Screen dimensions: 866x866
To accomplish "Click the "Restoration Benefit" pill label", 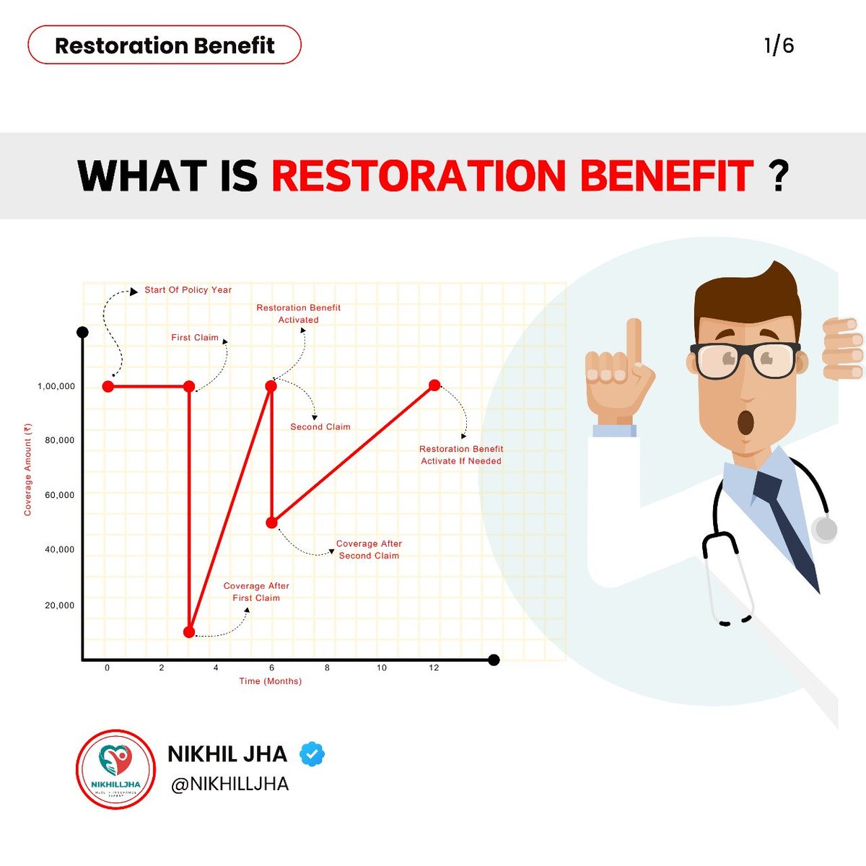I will pos(165,45).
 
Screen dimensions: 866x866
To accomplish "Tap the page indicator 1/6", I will pos(779,45).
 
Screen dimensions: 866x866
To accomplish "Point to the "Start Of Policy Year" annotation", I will pos(188,290).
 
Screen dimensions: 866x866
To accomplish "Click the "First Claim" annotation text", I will pos(194,337).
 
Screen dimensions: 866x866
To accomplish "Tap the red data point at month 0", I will pos(108,386).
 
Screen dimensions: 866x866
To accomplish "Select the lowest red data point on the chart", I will pos(189,632).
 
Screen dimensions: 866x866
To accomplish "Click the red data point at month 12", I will pos(434,385).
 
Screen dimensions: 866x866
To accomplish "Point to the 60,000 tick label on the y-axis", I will pos(60,495).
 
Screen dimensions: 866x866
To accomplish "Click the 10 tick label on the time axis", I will pos(382,668).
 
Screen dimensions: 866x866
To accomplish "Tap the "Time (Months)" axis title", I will pos(271,681).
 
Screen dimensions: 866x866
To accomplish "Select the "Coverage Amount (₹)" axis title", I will pos(28,469).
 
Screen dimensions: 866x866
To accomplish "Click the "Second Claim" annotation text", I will pos(320,427).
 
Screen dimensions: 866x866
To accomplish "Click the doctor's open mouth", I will pos(745,421).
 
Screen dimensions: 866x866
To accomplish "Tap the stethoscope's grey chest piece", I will pos(824,529).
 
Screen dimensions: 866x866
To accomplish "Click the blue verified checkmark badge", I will pos(312,754).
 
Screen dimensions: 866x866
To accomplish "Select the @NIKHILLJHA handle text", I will pos(229,784).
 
